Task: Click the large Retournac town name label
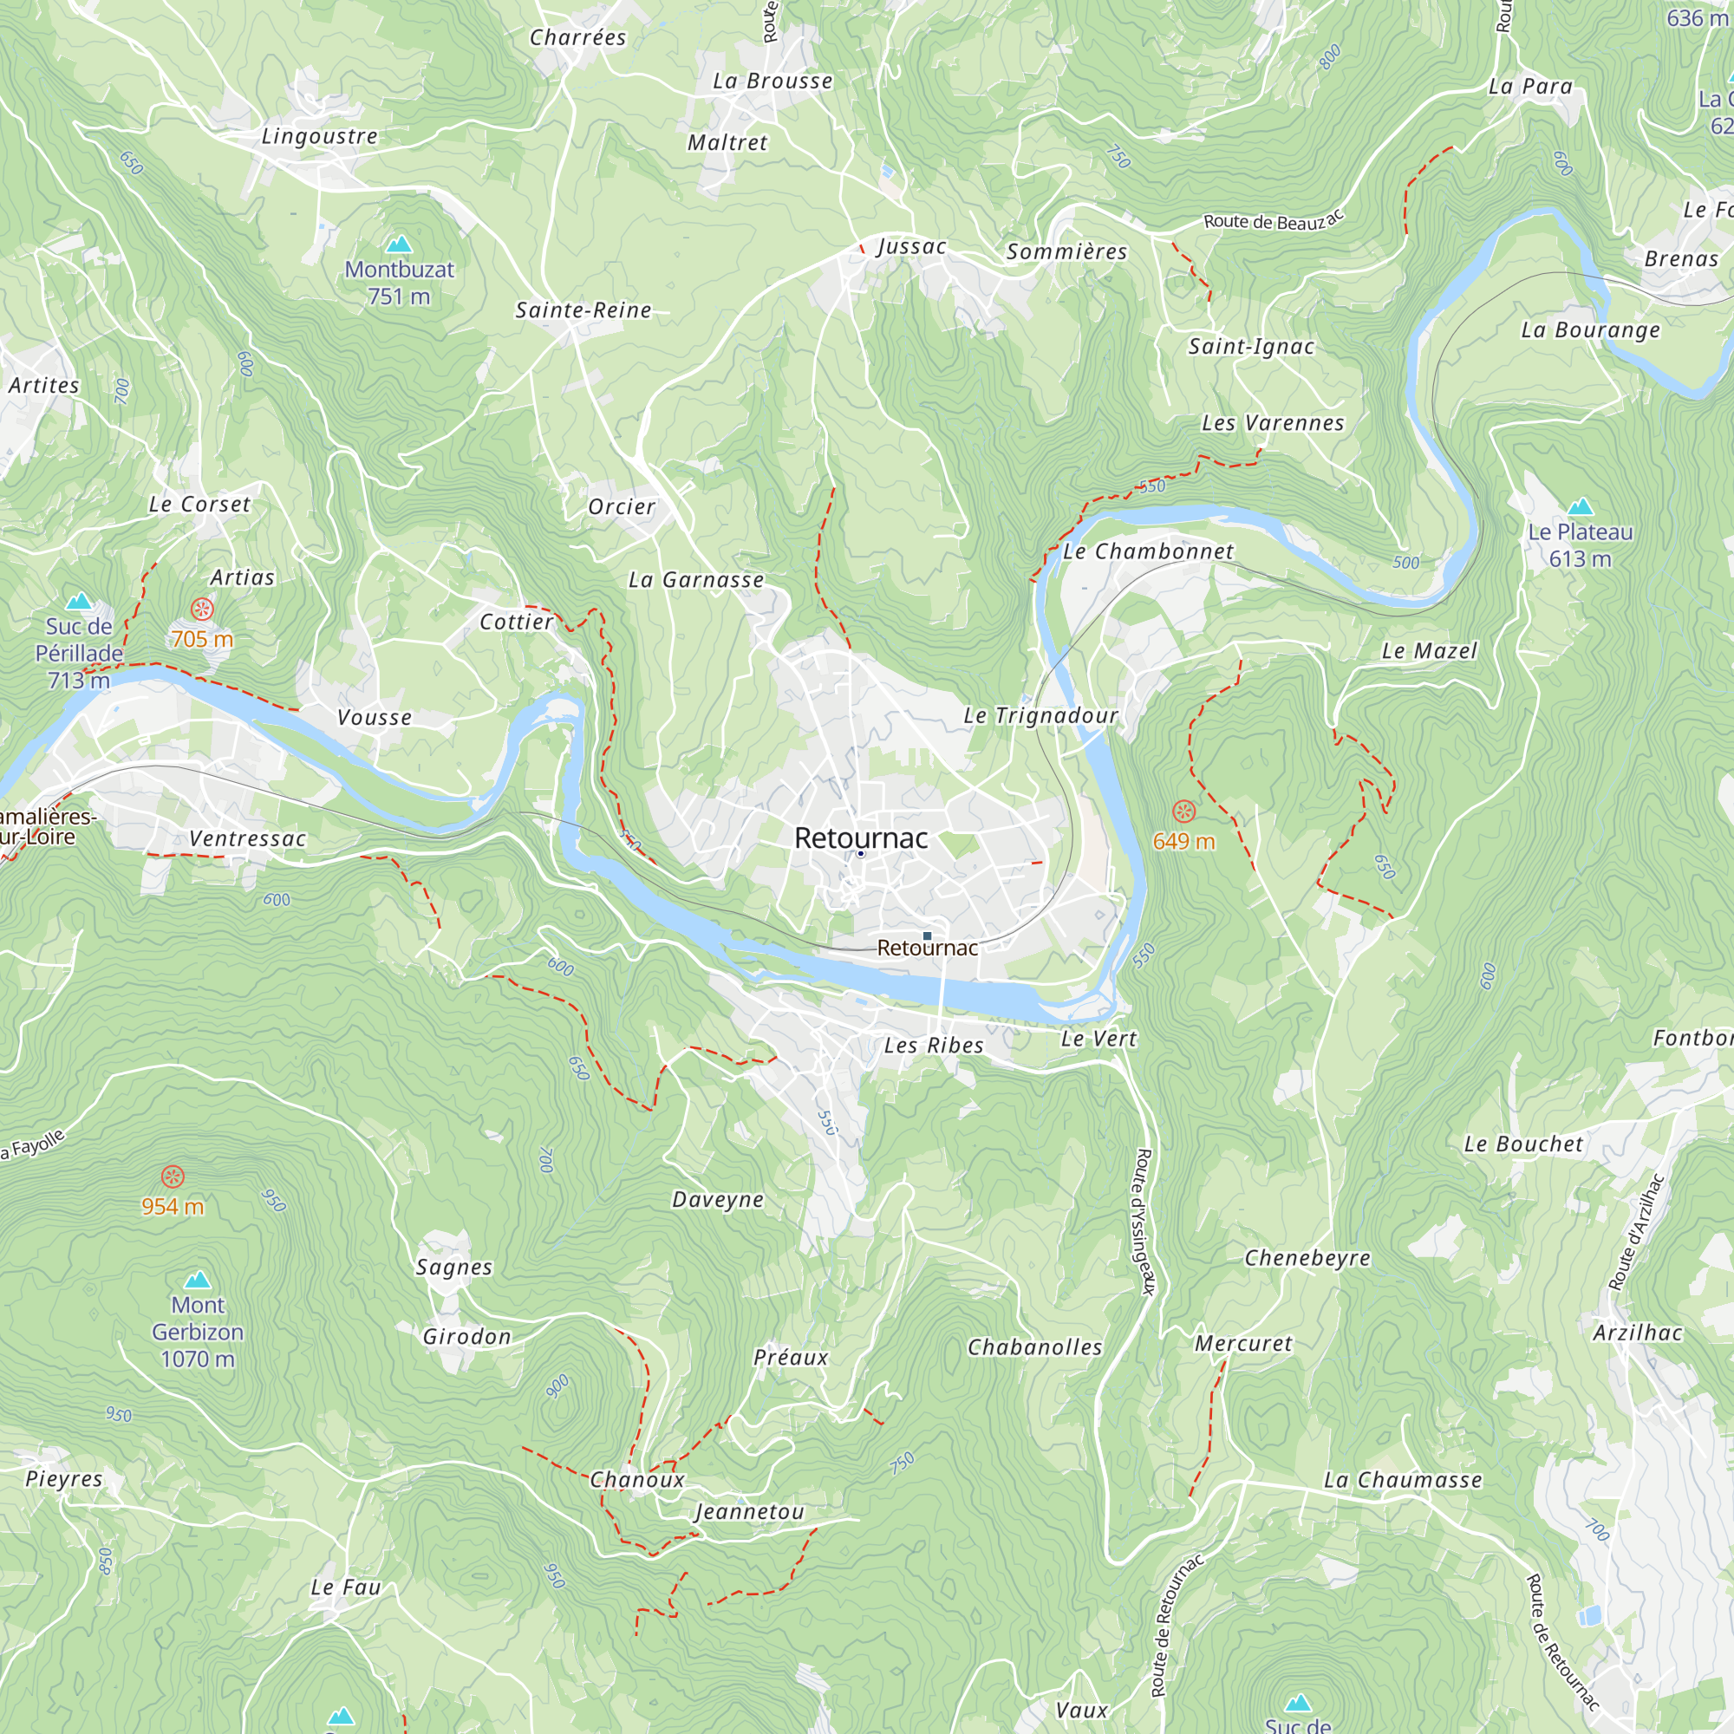(861, 838)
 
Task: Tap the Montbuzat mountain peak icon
(399, 244)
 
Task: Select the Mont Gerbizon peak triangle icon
(198, 1280)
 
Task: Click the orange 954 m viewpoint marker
(173, 1177)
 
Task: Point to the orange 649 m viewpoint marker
(1184, 812)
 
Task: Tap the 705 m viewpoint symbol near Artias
(203, 610)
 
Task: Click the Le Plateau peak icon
(1580, 507)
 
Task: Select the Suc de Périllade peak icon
(80, 602)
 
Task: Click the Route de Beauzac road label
(1273, 220)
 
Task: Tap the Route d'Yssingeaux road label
(1144, 1222)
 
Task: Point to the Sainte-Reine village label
(583, 310)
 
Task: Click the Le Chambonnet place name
(1148, 552)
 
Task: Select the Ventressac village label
(248, 839)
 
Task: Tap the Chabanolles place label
(1035, 1347)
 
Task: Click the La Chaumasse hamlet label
(1403, 1480)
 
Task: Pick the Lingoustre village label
(320, 136)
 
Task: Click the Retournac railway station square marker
(927, 936)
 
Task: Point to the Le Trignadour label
(1040, 715)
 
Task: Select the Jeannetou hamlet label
(750, 1512)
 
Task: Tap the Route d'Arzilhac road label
(1636, 1232)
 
